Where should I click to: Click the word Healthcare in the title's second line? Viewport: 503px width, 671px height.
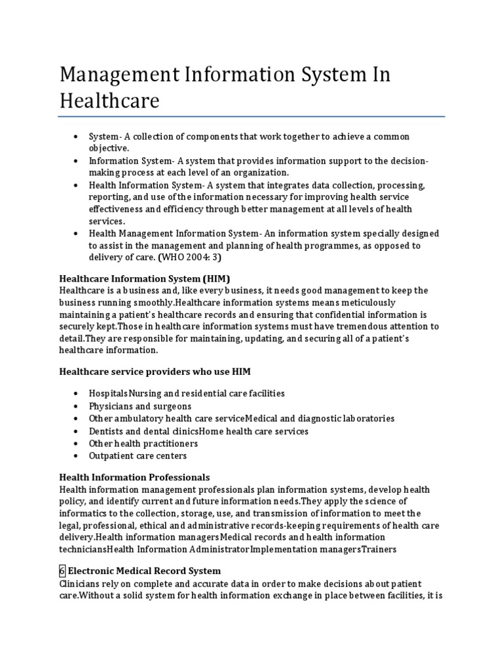109,102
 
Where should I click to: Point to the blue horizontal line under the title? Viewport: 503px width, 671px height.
251,117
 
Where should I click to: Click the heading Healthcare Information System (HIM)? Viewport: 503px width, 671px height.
145,278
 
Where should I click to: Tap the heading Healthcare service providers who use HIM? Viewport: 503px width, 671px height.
155,372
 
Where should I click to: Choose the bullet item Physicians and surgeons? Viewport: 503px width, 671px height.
140,406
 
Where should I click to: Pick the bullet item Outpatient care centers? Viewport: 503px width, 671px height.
138,455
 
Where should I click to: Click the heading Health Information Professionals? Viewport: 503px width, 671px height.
134,477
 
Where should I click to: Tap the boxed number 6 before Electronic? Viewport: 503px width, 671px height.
62,571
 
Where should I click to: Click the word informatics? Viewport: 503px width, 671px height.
81,513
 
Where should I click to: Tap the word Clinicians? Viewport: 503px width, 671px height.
81,583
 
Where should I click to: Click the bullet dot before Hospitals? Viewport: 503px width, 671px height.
77,393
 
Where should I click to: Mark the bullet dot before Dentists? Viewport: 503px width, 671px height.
77,431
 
